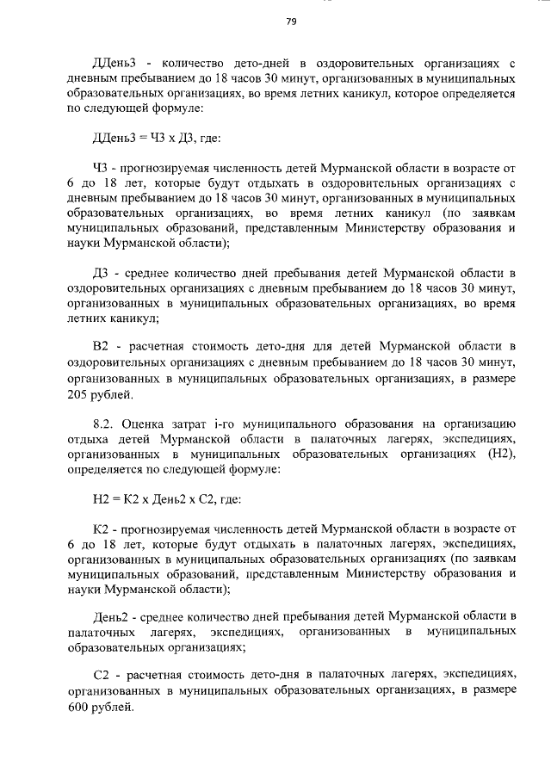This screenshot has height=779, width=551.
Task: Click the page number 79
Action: tap(291, 23)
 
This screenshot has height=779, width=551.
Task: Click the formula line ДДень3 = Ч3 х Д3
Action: tap(151, 139)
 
